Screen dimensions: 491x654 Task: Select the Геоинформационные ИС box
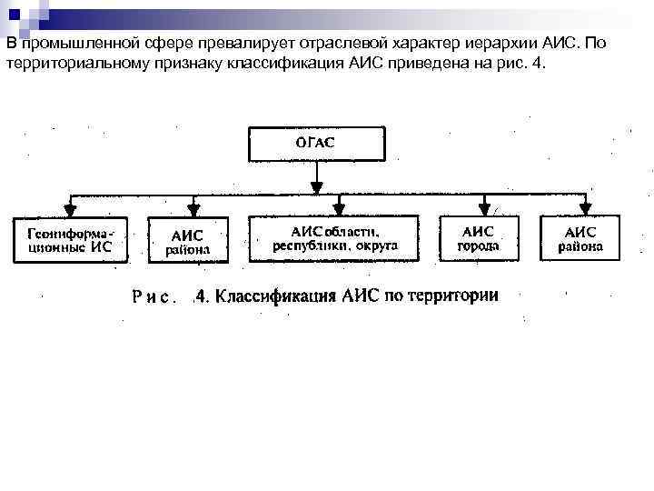tap(70, 239)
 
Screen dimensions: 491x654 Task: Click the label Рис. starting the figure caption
tap(152, 297)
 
